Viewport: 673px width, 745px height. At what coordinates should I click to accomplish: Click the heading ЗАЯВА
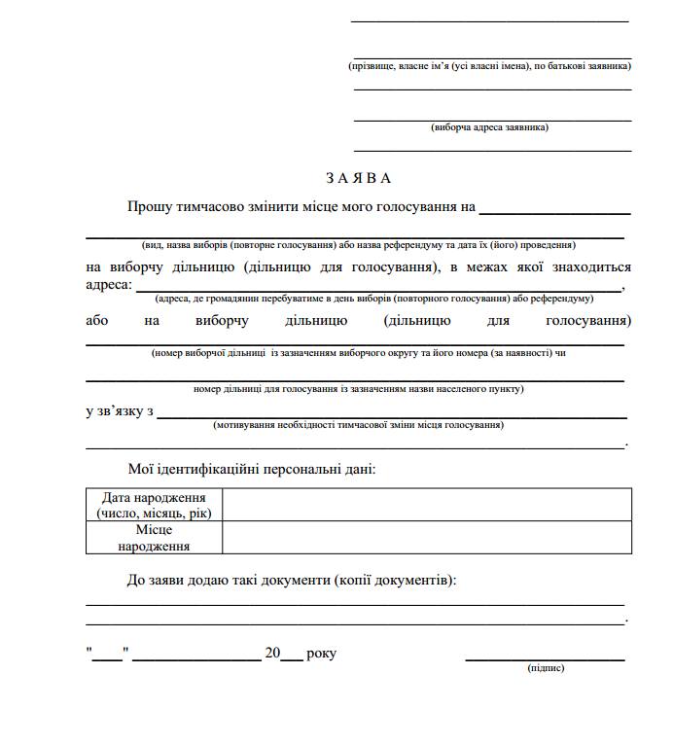click(359, 178)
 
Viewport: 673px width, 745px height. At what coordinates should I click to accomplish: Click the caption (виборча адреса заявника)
click(489, 127)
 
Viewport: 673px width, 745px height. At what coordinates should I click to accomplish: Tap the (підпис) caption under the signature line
click(545, 668)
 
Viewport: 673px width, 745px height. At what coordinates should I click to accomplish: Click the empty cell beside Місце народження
click(426, 538)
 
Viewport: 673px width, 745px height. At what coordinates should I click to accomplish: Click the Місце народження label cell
click(154, 538)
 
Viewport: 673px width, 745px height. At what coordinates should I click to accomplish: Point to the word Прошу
click(149, 206)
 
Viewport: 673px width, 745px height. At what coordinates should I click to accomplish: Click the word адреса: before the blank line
click(107, 285)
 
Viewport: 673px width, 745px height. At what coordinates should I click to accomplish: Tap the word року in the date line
click(321, 654)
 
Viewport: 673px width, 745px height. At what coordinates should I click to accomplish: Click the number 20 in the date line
click(272, 654)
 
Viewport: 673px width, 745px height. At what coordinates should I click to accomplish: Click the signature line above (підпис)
click(545, 659)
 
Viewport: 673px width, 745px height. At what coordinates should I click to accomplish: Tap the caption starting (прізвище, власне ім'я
click(490, 66)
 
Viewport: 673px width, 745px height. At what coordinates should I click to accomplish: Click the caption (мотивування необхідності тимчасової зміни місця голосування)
click(358, 425)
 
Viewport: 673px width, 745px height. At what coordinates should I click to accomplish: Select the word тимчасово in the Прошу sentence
click(215, 206)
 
